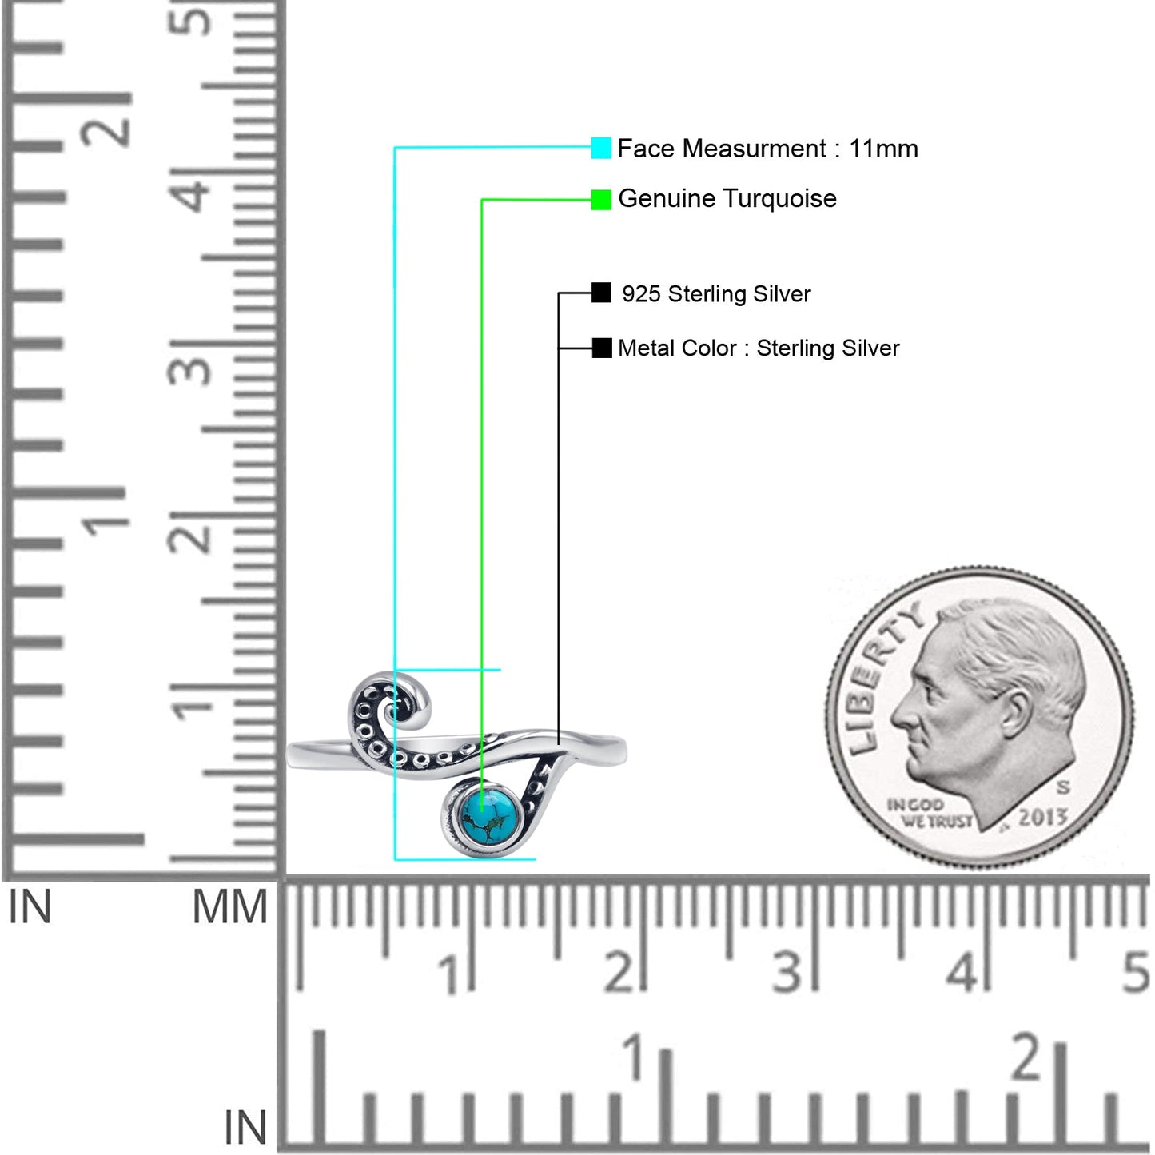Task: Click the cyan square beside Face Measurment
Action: pyautogui.click(x=601, y=148)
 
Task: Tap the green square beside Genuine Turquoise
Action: pyautogui.click(x=601, y=199)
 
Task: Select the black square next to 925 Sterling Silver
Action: pyautogui.click(x=601, y=293)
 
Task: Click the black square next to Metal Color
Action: pyautogui.click(x=601, y=348)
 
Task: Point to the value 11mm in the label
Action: pyautogui.click(x=883, y=149)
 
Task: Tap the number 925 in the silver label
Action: pyautogui.click(x=641, y=293)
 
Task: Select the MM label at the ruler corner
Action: pyautogui.click(x=229, y=907)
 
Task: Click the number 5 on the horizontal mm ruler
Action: pyautogui.click(x=1135, y=972)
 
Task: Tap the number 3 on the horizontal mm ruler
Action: pyautogui.click(x=787, y=972)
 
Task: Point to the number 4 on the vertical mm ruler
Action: pyautogui.click(x=190, y=189)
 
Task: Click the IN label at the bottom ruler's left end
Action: pyautogui.click(x=245, y=1127)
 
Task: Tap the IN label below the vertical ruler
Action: pyautogui.click(x=30, y=906)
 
